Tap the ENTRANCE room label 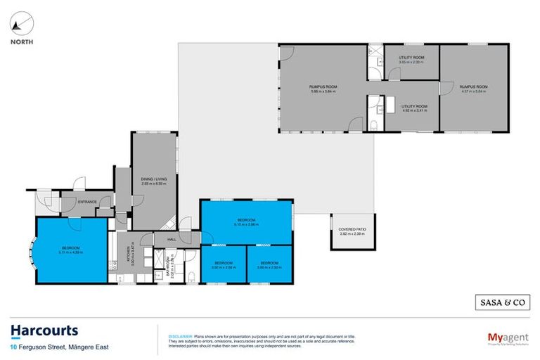[x=87, y=202]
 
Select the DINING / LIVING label [x=153, y=182]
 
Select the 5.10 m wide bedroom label [x=245, y=223]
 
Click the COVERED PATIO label [x=348, y=231]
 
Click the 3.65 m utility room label [x=411, y=60]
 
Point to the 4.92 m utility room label [x=411, y=108]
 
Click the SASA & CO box [x=499, y=302]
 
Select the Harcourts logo [x=44, y=331]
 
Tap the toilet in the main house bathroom [x=190, y=277]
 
